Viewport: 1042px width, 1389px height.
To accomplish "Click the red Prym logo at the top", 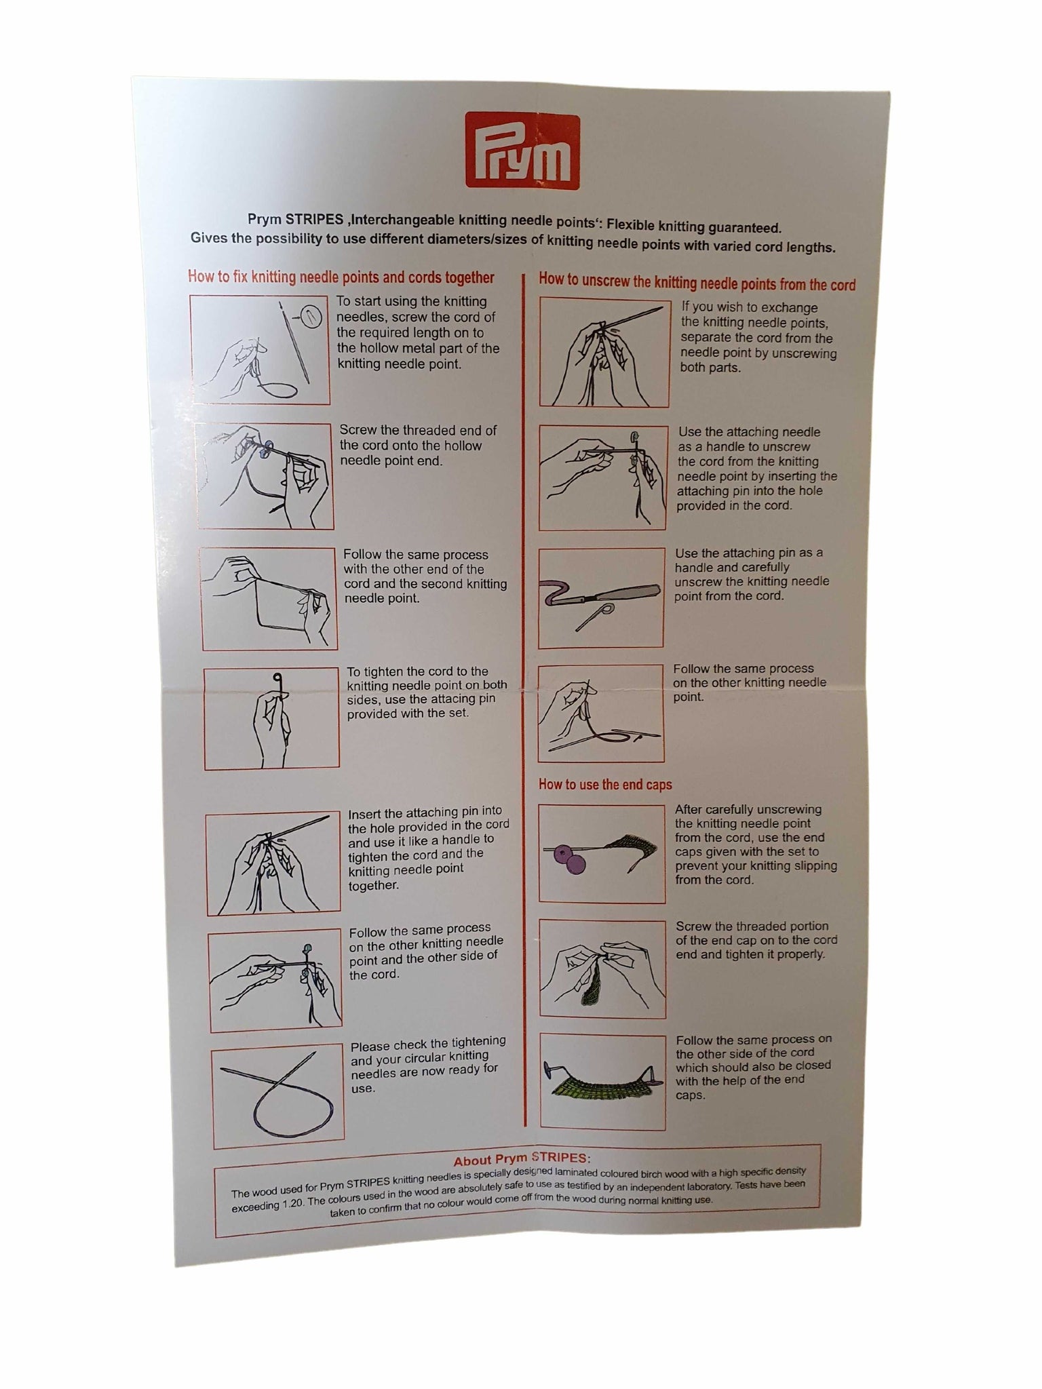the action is click(522, 151).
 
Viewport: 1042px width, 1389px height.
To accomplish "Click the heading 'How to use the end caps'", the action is click(605, 785).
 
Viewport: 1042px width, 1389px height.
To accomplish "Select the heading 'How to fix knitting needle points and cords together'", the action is click(341, 277).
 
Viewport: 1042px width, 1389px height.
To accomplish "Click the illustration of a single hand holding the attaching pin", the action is click(271, 718).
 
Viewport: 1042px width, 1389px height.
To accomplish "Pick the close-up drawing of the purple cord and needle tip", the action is click(601, 598).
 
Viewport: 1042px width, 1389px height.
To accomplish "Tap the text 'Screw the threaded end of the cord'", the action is click(418, 438).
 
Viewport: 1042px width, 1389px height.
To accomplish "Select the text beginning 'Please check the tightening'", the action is click(428, 1064).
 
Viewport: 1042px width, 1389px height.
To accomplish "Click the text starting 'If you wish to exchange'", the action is click(758, 338).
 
